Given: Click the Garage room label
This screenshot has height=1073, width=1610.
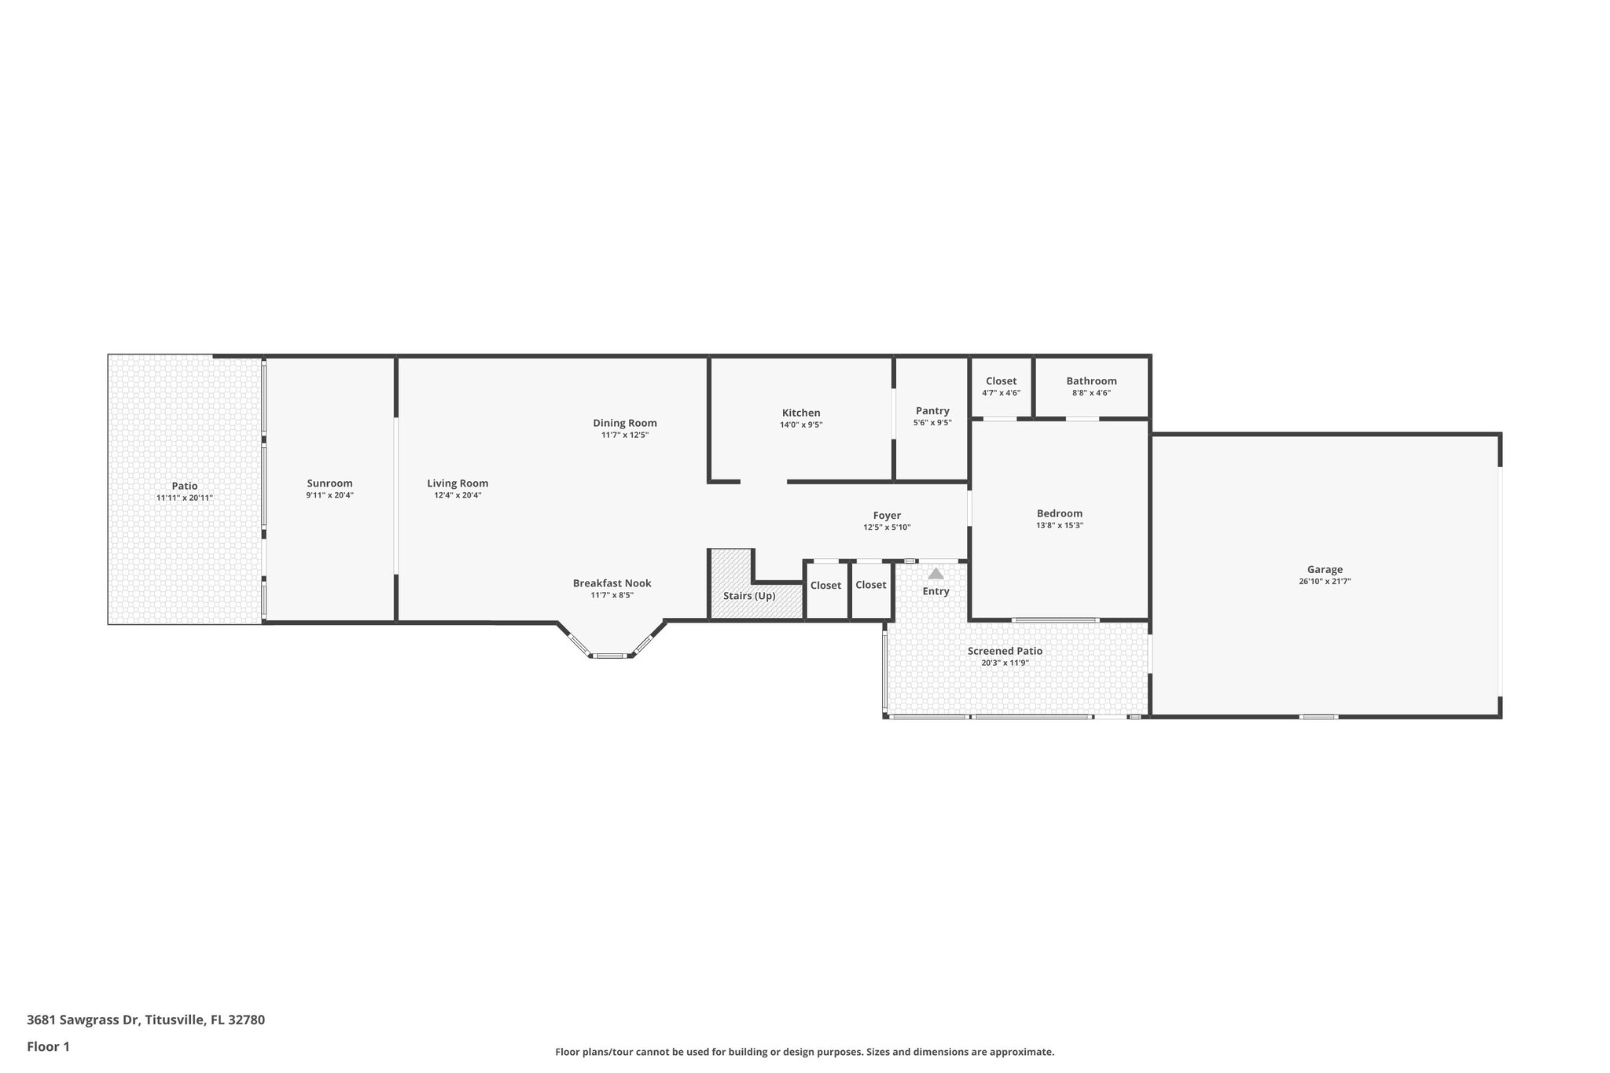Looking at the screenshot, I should [x=1325, y=569].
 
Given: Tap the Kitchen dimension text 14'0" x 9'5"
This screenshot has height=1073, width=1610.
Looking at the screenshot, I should [x=800, y=424].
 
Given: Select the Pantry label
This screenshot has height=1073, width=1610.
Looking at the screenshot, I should [x=932, y=410].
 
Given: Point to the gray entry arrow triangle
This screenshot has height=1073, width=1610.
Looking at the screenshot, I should [x=935, y=574].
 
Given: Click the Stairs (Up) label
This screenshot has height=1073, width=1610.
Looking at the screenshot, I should [x=749, y=596].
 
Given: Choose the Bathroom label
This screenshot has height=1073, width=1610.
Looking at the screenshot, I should [x=1091, y=380].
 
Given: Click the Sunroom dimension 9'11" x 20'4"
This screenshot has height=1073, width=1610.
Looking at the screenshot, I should [x=329, y=495].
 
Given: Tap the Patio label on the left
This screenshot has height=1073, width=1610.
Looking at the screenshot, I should [x=185, y=486].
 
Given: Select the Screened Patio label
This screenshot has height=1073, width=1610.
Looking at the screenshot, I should [x=1005, y=651].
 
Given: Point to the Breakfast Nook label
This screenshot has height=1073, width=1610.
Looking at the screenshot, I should [x=612, y=583].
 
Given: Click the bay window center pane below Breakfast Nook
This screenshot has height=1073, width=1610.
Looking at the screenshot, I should [x=611, y=655].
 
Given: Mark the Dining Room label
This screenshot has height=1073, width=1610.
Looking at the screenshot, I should [x=625, y=423].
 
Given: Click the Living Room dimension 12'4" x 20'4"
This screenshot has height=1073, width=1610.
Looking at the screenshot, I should [x=458, y=495].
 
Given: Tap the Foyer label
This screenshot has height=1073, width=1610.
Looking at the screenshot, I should [x=887, y=516].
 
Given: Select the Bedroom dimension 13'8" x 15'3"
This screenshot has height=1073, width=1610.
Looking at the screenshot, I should [x=1060, y=525].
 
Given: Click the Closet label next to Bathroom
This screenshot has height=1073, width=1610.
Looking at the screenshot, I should [x=1001, y=380].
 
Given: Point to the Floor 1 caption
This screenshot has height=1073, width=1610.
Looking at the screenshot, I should [x=48, y=1046].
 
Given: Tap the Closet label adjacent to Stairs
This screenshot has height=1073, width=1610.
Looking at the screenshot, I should [x=825, y=585].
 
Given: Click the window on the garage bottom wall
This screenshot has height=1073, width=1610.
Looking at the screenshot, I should [x=1318, y=716].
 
